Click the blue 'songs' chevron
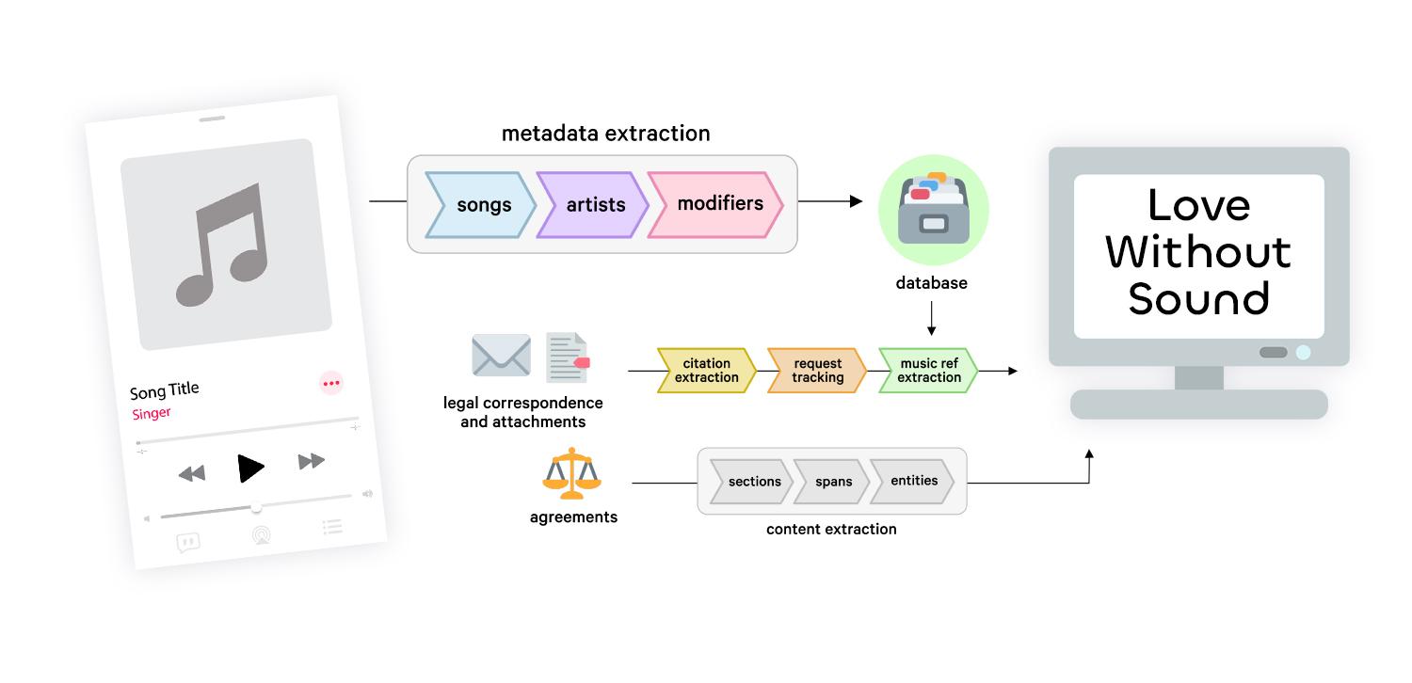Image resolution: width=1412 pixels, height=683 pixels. point(481,204)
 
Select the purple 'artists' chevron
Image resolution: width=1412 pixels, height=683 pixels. point(593,204)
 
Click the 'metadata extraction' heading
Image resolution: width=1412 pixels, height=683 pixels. point(605,134)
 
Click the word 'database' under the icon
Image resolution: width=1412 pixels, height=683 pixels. point(931,282)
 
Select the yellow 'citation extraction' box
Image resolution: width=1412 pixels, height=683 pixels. point(706,371)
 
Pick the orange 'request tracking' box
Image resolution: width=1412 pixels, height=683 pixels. point(817,371)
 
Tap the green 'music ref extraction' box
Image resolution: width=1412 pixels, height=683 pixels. point(928,371)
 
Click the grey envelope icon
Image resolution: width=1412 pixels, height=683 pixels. point(501,356)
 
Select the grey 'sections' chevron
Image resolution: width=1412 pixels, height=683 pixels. point(753,482)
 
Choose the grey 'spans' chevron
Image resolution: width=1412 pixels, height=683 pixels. point(833,482)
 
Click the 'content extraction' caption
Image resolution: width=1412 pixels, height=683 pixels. point(831,529)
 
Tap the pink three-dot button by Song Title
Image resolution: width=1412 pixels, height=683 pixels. point(331,383)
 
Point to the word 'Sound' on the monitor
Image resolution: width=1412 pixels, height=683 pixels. point(1198,298)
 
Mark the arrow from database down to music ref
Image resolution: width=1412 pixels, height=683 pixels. point(931,318)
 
